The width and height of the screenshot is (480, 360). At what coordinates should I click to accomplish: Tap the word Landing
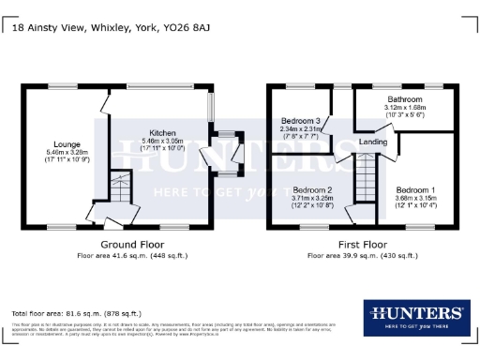[x=373, y=142]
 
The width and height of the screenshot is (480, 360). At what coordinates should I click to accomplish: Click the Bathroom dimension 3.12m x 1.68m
[x=405, y=107]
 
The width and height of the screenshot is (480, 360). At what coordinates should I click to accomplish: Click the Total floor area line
[x=77, y=313]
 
